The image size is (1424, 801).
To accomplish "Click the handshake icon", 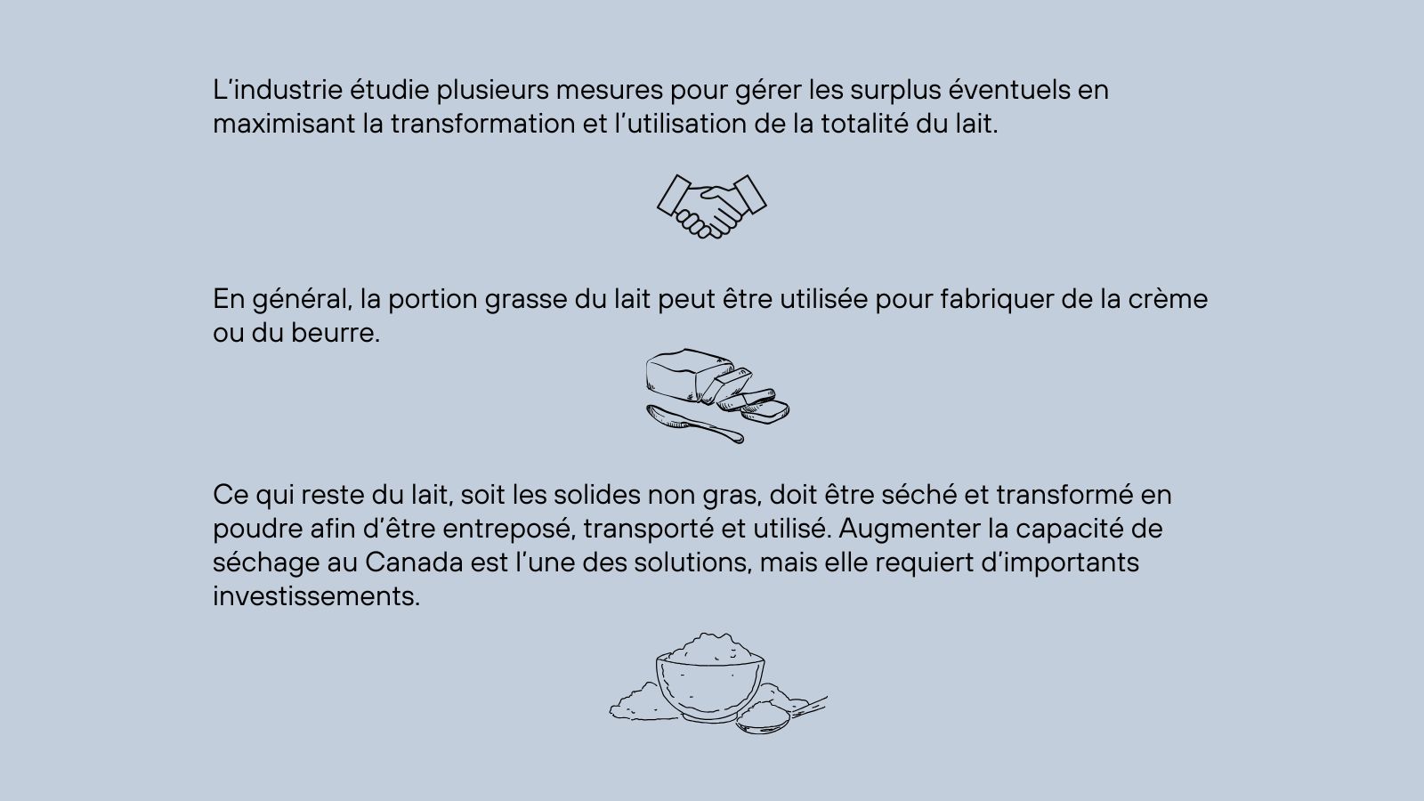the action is (x=712, y=206).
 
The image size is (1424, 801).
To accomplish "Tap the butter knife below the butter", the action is (x=694, y=424).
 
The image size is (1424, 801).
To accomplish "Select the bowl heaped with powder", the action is (x=710, y=677).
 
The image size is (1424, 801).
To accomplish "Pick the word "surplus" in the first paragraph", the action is (x=895, y=91).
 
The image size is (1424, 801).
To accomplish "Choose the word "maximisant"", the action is (x=284, y=124).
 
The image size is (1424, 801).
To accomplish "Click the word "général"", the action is (x=302, y=300).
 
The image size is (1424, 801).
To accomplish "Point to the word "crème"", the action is (x=1168, y=299).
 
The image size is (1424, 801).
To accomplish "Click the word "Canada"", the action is (x=414, y=562).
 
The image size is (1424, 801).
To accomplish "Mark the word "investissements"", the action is (x=317, y=596).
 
